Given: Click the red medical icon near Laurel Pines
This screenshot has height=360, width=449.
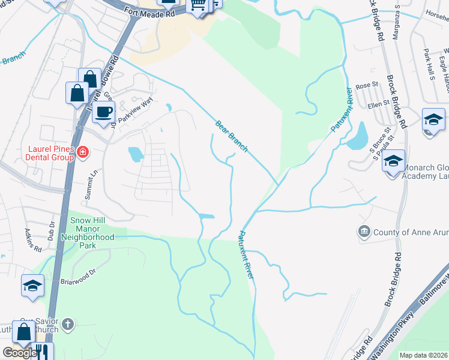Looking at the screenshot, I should tap(82, 154).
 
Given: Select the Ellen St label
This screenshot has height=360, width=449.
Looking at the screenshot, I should tap(378, 105).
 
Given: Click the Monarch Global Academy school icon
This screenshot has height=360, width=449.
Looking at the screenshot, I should tap(394, 161).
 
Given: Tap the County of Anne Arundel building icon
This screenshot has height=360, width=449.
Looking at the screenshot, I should tap(364, 232).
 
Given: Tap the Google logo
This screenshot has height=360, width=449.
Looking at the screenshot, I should tap(19, 353).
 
